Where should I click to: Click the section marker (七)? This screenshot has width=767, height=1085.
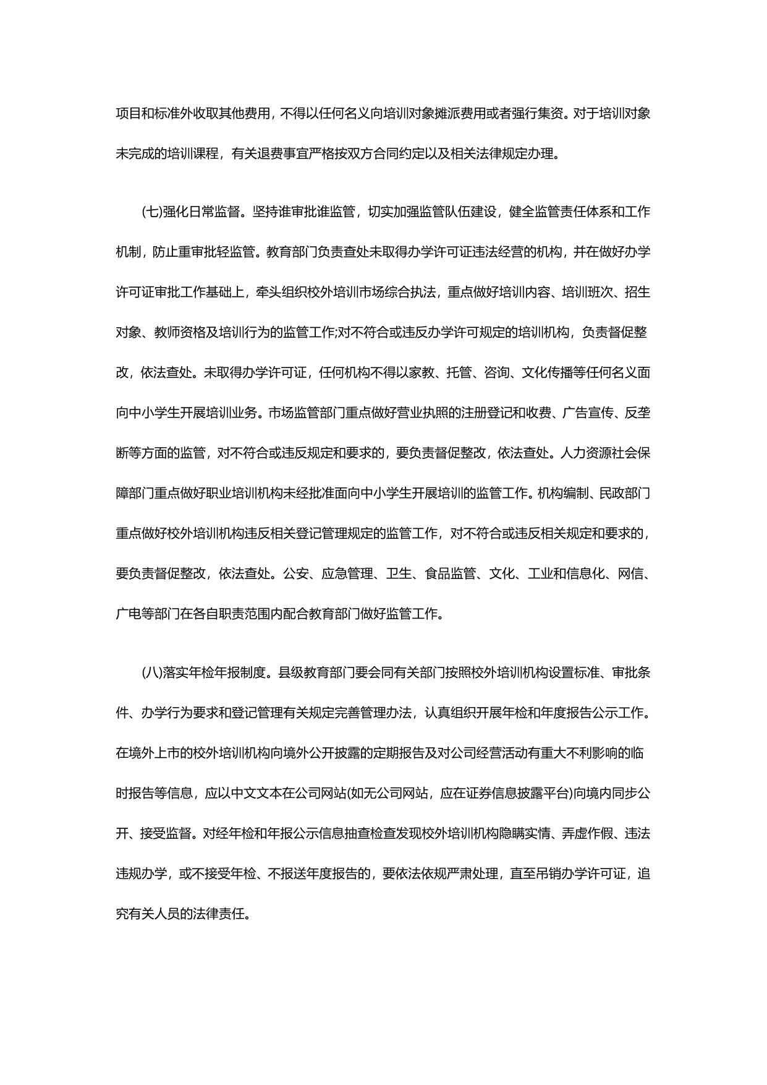point(151,212)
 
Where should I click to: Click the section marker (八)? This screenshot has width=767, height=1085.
point(151,673)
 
